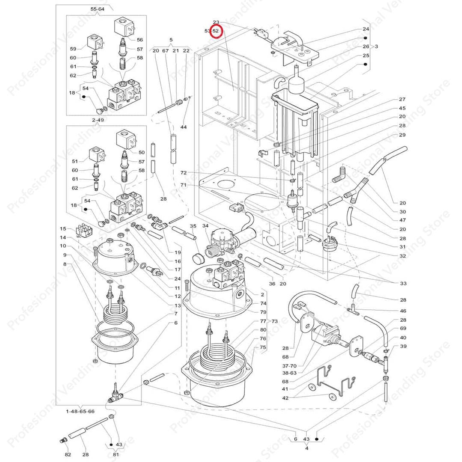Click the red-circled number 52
(216, 31)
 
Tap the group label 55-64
(97, 9)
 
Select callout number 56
(140, 39)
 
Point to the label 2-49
(98, 120)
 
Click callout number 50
(142, 152)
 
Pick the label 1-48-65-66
(80, 411)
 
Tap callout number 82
(68, 454)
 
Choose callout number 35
(193, 225)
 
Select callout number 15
(63, 229)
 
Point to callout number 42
(285, 398)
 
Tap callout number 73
(274, 321)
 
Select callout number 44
(184, 127)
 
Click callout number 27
(402, 99)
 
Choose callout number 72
(184, 173)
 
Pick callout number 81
(116, 454)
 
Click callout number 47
(402, 220)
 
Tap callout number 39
(403, 346)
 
